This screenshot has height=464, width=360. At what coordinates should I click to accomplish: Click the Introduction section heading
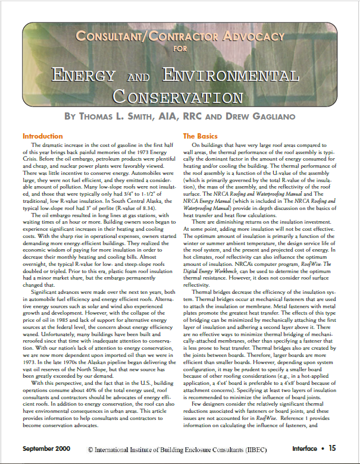(42, 136)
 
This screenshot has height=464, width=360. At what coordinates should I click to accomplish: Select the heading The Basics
(201, 136)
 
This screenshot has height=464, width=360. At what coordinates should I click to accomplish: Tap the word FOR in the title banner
(180, 49)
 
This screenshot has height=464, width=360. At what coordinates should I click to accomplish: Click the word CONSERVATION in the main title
(179, 95)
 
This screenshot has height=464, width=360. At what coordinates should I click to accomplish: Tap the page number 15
(332, 448)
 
